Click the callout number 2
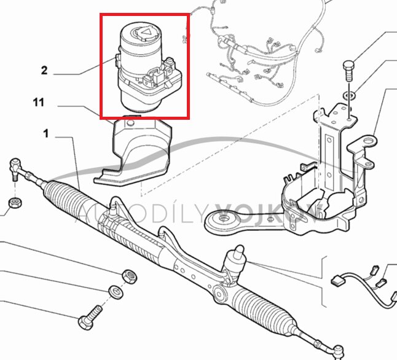point(44,71)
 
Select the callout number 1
point(45,133)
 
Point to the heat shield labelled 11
point(136,151)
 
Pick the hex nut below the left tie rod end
point(14,203)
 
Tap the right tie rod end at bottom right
point(336,351)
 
